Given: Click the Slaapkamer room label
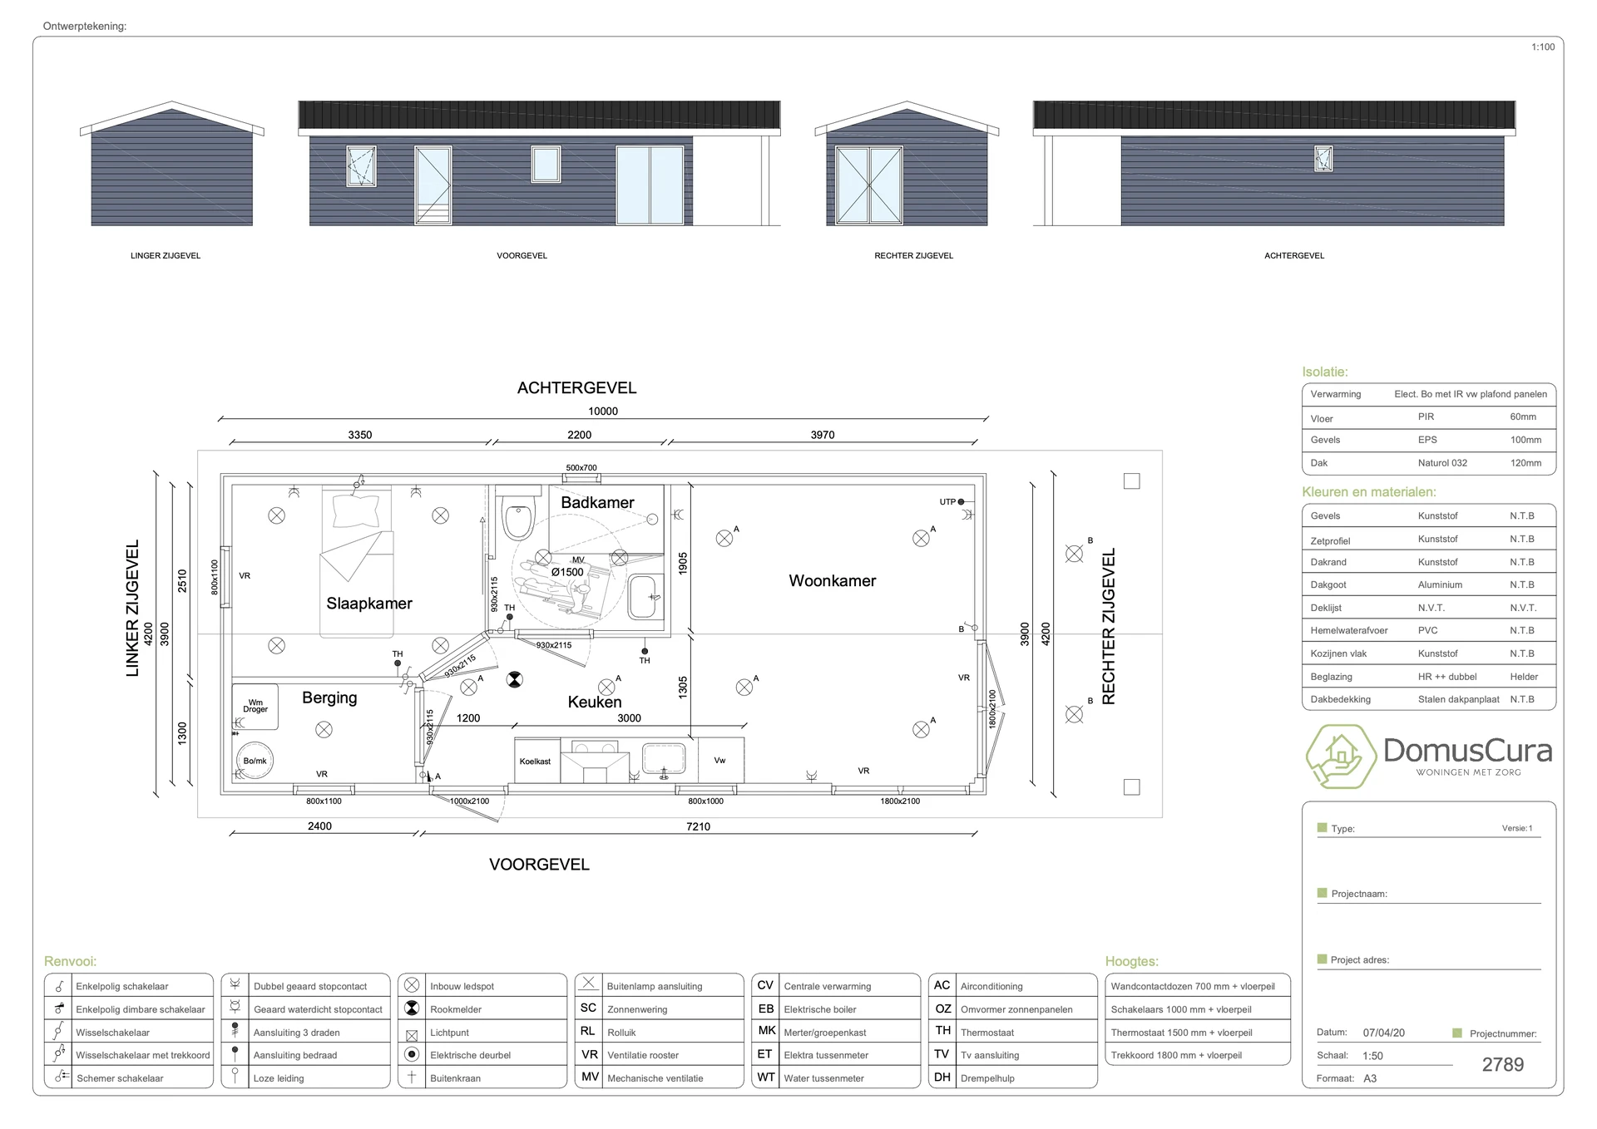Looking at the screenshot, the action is click(x=369, y=604).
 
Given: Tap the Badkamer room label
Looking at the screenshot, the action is click(x=597, y=502).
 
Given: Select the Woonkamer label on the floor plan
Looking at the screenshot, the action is click(x=833, y=581).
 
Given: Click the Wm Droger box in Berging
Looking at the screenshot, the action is click(x=255, y=706).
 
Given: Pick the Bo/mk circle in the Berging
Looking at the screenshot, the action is click(x=255, y=760).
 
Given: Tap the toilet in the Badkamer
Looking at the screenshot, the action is click(x=519, y=516).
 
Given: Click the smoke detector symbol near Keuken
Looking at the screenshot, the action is click(x=515, y=680).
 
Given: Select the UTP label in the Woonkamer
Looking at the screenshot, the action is click(x=947, y=502).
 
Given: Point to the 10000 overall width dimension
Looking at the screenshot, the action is click(x=603, y=411).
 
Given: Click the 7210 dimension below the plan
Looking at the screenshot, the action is click(x=698, y=826).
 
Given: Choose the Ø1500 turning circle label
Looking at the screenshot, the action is click(x=567, y=572).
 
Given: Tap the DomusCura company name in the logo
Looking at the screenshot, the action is click(x=1468, y=751).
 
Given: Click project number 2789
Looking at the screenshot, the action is click(x=1503, y=1065).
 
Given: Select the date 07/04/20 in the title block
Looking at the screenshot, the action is click(x=1384, y=1033).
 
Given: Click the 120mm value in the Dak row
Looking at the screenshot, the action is click(x=1525, y=463).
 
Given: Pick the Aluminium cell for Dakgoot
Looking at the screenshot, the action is click(x=1441, y=585).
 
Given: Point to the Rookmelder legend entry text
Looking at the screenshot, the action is click(x=456, y=1009).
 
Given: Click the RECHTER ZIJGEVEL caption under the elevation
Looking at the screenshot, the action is click(x=913, y=256).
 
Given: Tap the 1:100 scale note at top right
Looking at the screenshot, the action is click(x=1543, y=47).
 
